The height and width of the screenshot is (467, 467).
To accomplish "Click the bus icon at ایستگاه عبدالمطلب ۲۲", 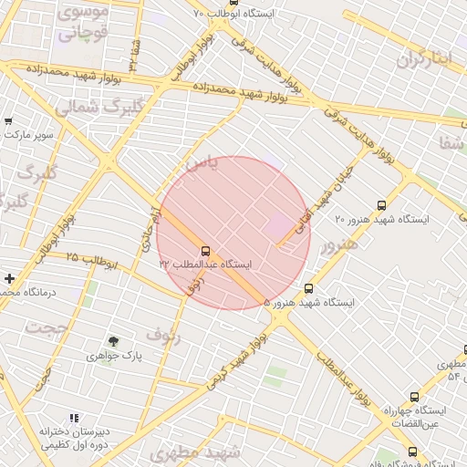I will click(204, 250).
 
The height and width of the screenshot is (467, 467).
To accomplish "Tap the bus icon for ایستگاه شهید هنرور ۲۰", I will click(380, 206).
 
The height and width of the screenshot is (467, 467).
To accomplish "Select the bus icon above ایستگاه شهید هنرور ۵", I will click(308, 288).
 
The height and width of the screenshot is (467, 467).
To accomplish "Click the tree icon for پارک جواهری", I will click(113, 341).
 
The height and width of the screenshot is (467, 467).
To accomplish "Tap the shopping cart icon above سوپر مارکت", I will click(8, 121).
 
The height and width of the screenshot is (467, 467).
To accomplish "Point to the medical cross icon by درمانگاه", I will click(9, 278).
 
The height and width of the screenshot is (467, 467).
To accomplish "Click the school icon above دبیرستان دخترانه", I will click(74, 419).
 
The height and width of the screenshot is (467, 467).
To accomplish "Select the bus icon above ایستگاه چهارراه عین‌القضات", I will click(415, 397).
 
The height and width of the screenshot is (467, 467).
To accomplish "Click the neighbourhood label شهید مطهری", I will click(198, 452).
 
